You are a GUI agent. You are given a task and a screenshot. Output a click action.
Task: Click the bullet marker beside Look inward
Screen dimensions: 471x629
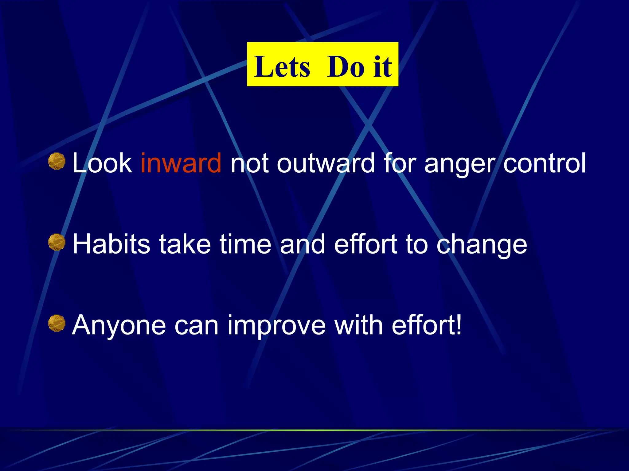(x=57, y=161)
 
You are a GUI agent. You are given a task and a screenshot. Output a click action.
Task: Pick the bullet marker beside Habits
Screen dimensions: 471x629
(x=57, y=242)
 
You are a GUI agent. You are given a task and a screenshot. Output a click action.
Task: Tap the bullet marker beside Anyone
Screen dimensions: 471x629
(x=57, y=323)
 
